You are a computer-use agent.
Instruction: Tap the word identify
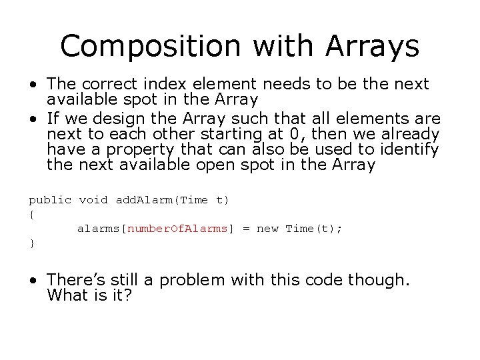pyautogui.click(x=408, y=149)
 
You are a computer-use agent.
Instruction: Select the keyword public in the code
pyautogui.click(x=49, y=200)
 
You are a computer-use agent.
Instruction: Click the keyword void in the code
pyautogui.click(x=93, y=200)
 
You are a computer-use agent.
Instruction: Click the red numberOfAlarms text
pyautogui.click(x=177, y=229)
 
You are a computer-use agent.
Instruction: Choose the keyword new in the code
pyautogui.click(x=267, y=229)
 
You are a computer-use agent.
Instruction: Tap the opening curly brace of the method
pyautogui.click(x=31, y=215)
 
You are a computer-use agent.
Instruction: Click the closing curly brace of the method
pyautogui.click(x=31, y=243)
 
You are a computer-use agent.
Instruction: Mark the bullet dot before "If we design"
pyautogui.click(x=33, y=119)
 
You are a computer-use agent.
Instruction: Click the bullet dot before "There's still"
pyautogui.click(x=33, y=280)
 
